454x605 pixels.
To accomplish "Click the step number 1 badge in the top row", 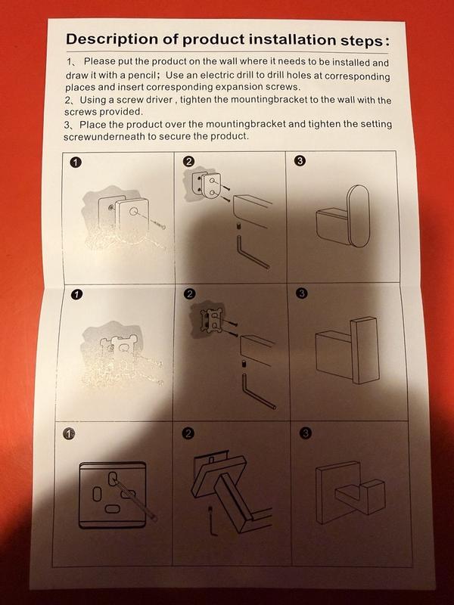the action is pos(76,163).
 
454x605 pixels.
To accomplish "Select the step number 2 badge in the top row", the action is pos(188,162).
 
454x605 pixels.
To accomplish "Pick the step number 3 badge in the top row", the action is pos(300,160).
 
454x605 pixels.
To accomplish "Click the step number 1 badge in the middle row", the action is pos(77,294).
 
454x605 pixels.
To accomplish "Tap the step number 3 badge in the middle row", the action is pos(302,293).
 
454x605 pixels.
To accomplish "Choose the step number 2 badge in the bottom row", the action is pos(188,433).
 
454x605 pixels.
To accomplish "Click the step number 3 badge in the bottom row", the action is pos(305,433).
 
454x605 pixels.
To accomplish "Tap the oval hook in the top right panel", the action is pos(359,216).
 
